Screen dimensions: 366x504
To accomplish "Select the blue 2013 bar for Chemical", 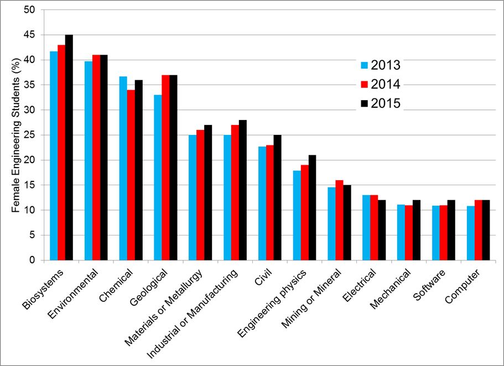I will point(123,169).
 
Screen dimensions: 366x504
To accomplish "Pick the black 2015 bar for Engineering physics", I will point(313,207).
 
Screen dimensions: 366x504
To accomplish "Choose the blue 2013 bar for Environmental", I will point(89,161).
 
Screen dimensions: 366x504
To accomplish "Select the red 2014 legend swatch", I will point(364,85).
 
